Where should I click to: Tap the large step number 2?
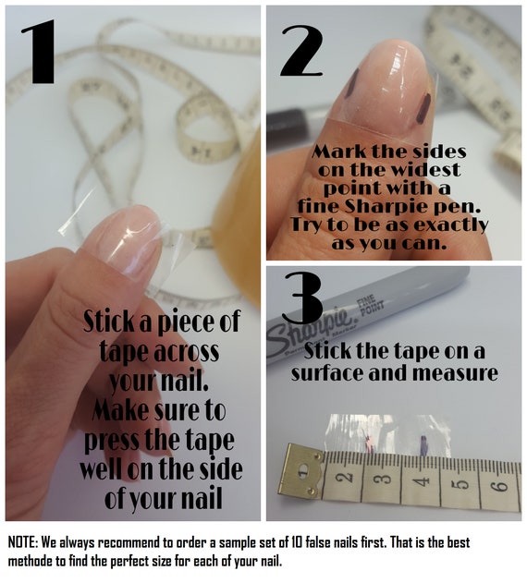coord(301,51)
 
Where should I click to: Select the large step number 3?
coord(302,298)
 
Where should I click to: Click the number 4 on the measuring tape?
coord(422,481)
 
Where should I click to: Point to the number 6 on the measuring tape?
coord(501,485)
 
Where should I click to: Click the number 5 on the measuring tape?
coord(461,483)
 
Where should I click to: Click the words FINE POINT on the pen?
coord(370,302)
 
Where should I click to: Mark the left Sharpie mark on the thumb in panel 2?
coord(351,83)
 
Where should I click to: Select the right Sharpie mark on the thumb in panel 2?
coord(423,109)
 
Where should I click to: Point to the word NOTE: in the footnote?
coord(22,542)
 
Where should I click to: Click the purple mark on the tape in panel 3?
coord(423,444)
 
